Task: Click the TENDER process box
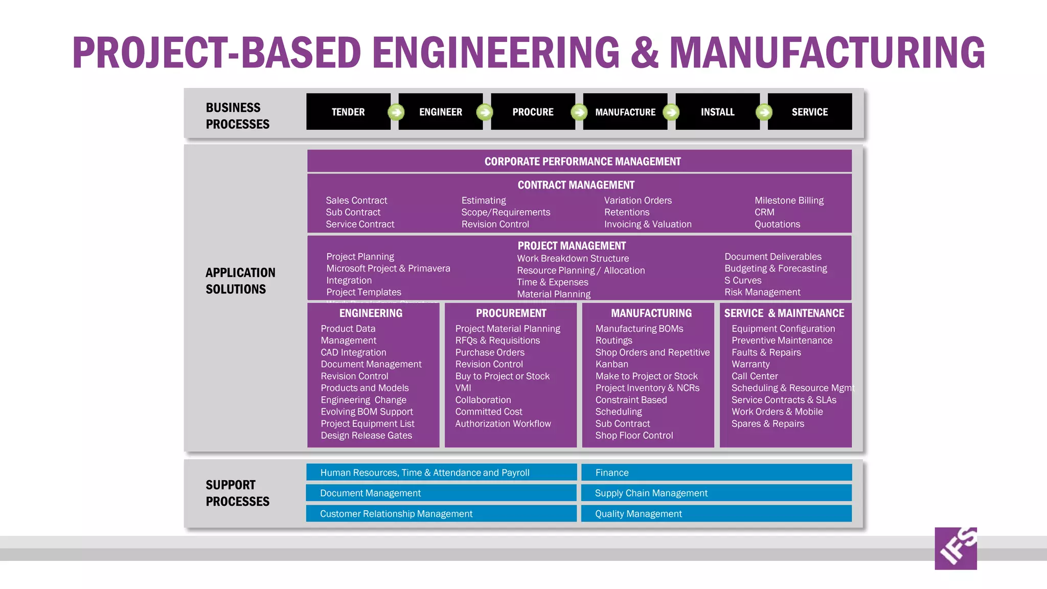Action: coord(348,111)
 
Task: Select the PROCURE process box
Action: coord(533,111)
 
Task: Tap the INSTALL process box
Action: coord(717,111)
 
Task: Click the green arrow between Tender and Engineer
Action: coord(396,112)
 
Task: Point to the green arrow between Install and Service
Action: coord(764,112)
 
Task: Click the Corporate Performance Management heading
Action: coord(582,162)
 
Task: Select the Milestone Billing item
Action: coord(789,200)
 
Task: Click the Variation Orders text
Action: coord(638,200)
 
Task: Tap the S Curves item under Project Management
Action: coord(742,280)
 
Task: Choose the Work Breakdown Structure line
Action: coord(573,259)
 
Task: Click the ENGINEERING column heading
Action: coord(371,313)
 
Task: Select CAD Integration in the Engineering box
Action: coord(353,352)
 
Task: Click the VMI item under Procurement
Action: coord(463,388)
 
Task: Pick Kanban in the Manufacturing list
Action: coord(611,364)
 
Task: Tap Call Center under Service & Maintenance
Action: coord(754,376)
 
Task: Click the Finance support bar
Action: coord(716,472)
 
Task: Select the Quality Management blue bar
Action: coord(716,513)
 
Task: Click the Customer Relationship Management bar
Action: coord(441,513)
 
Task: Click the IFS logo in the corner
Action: coord(955,548)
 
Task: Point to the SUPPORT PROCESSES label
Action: coord(237,493)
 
